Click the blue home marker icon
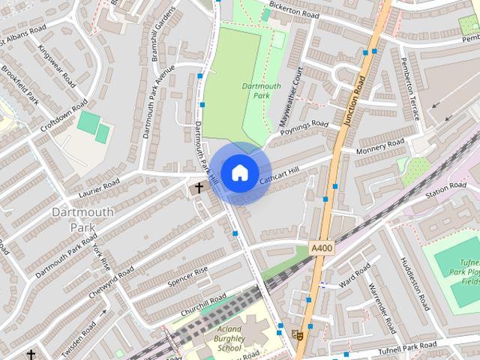point(239,172)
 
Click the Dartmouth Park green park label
point(262,91)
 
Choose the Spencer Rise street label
point(187,275)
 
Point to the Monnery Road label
point(380,146)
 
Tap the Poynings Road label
point(304,129)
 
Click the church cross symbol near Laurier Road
point(199,187)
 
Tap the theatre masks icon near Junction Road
point(298,334)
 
